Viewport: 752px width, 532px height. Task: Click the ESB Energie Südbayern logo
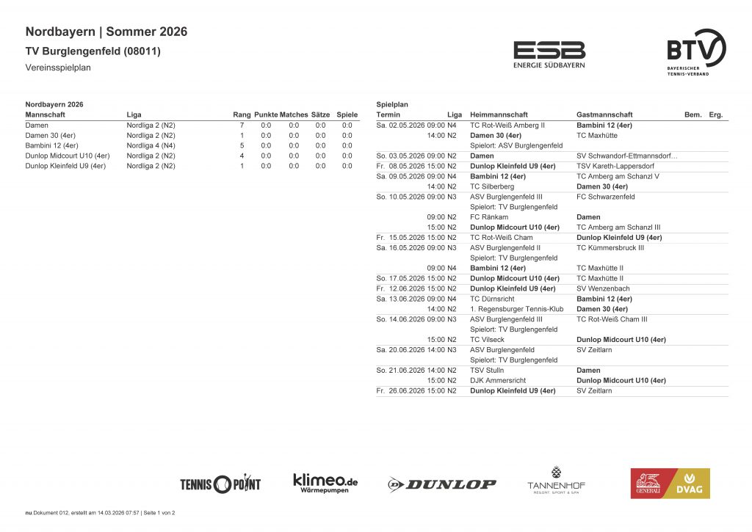(x=549, y=54)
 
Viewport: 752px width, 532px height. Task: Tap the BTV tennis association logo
(x=696, y=53)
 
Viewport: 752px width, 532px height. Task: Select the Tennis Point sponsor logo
(x=220, y=484)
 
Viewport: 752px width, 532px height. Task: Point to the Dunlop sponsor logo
(x=442, y=484)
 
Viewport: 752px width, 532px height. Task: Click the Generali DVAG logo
(x=670, y=484)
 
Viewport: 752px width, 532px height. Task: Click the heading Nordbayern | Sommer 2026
(x=106, y=32)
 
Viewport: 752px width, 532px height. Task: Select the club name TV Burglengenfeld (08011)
(x=93, y=51)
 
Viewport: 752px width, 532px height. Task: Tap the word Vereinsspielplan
(x=58, y=68)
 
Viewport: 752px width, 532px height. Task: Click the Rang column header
(x=242, y=115)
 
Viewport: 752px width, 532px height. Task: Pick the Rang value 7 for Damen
(x=242, y=125)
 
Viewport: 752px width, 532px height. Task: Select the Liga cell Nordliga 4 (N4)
(x=151, y=145)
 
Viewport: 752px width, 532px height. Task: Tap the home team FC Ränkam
(x=488, y=217)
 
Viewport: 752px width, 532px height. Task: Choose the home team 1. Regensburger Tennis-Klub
(x=516, y=309)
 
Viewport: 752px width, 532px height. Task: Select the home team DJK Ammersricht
(x=496, y=381)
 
